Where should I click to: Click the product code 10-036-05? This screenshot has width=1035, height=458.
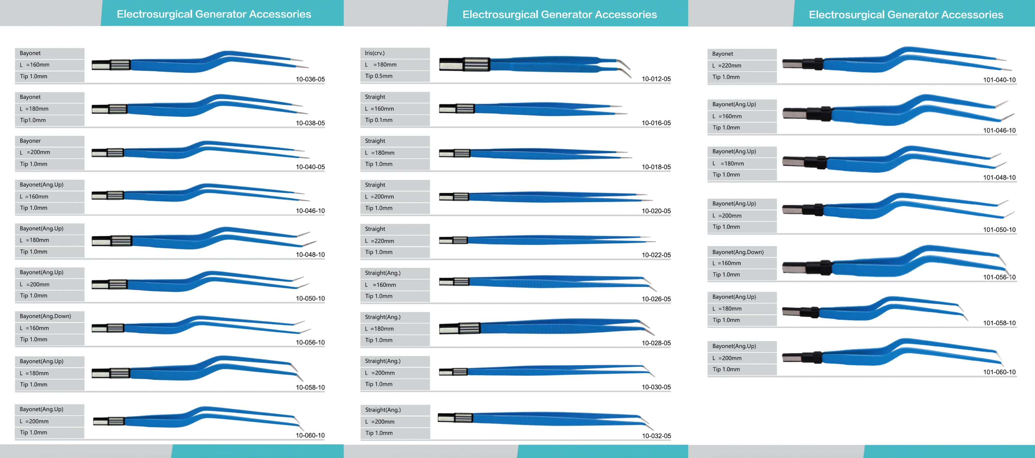[x=310, y=79]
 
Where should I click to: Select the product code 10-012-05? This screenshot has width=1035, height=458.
[x=656, y=79]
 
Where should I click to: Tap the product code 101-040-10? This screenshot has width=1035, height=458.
[x=999, y=79]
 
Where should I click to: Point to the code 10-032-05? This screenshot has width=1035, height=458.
[x=656, y=436]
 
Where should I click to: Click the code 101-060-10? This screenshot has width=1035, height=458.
[x=999, y=372]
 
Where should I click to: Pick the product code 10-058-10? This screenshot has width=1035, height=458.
[x=310, y=387]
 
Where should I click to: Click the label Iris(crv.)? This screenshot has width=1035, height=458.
[x=375, y=53]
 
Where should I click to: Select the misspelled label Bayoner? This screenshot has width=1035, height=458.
[x=30, y=141]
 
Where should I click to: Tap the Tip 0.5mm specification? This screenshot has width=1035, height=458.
[x=379, y=76]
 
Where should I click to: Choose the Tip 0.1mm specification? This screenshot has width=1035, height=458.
[x=379, y=120]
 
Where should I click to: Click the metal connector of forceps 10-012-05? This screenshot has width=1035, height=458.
[x=464, y=64]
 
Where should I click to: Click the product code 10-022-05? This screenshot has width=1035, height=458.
[x=656, y=255]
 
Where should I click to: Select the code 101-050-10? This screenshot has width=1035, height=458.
[x=999, y=229]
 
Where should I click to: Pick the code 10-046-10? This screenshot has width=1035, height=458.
[x=310, y=211]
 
